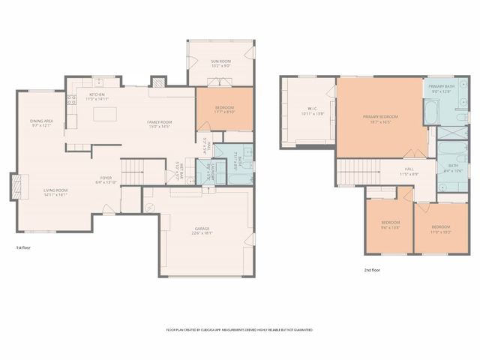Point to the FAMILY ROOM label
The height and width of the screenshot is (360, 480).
pos(159,122)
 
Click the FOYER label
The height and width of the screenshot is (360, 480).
pos(106,178)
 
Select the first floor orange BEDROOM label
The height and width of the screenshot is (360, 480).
pos(225,108)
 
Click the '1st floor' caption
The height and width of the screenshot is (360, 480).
pos(23,247)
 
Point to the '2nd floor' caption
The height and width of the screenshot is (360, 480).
pos(372,270)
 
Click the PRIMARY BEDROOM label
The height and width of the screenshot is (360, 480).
pos(380,117)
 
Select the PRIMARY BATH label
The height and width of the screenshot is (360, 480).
pos(442,87)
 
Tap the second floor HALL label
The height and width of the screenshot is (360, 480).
pos(409,170)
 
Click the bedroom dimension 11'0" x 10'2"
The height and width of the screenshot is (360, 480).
pos(441,231)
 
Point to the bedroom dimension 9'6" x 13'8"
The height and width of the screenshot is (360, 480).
pos(390,226)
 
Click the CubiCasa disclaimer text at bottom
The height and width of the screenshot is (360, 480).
pos(239,329)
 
